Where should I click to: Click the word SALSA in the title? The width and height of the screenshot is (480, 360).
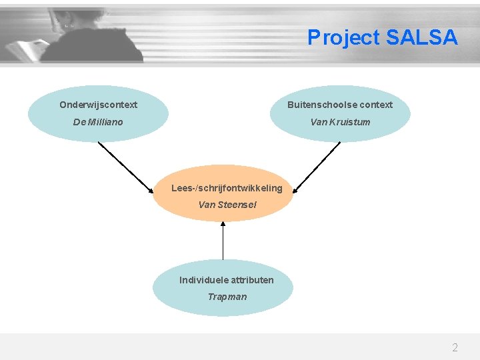[422, 38]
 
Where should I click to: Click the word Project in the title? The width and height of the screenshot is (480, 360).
[343, 38]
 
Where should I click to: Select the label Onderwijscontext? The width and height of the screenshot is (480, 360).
[98, 105]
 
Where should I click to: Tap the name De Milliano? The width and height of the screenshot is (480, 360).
[98, 122]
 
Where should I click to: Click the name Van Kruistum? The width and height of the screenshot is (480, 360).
[340, 122]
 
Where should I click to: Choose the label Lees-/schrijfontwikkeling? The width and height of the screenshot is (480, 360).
[227, 188]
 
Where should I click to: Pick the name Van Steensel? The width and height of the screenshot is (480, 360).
[227, 205]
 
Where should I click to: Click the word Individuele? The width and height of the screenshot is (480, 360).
[203, 280]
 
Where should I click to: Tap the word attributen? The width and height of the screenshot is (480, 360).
[252, 280]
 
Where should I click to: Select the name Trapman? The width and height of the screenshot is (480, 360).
[227, 297]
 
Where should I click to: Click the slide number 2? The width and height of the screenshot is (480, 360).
[455, 347]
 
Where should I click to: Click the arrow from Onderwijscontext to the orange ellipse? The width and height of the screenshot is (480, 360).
[127, 167]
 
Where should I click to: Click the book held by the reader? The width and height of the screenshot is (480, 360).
[27, 49]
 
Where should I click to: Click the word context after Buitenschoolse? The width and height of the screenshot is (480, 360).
[377, 105]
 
